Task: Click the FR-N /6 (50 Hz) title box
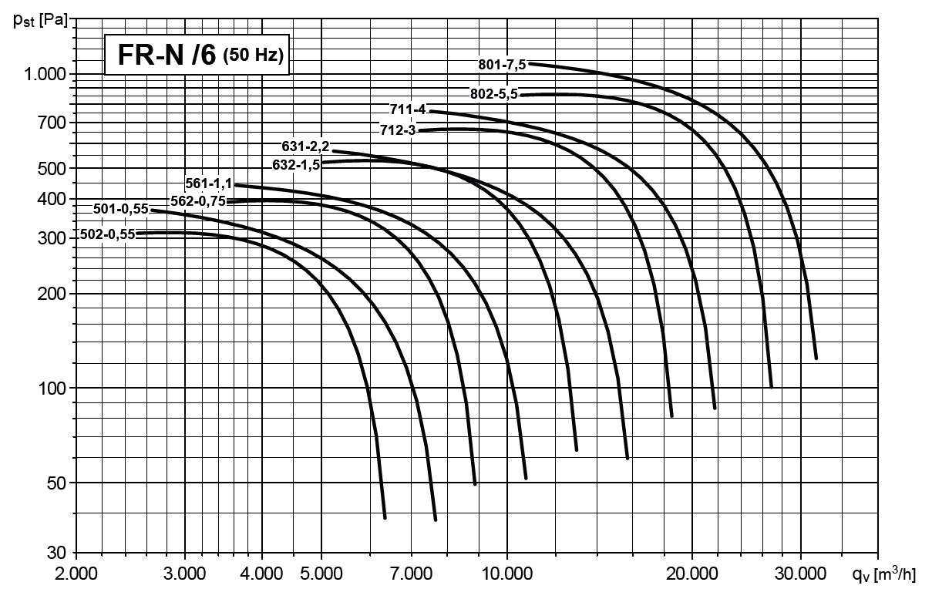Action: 197,56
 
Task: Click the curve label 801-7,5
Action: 502,65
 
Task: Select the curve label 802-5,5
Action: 494,94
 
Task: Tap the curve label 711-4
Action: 409,109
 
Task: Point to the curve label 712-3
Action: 398,130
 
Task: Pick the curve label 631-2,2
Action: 306,146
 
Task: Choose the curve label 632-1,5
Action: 296,164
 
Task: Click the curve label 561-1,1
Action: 209,183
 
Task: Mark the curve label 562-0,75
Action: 199,201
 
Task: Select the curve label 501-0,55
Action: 121,208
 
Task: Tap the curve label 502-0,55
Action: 108,234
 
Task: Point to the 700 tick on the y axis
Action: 58,123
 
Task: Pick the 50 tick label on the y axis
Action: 61,483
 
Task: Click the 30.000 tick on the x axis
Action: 800,574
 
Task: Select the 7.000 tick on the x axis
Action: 411,574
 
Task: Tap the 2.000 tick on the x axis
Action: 78,574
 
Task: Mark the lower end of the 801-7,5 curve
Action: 816,358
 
